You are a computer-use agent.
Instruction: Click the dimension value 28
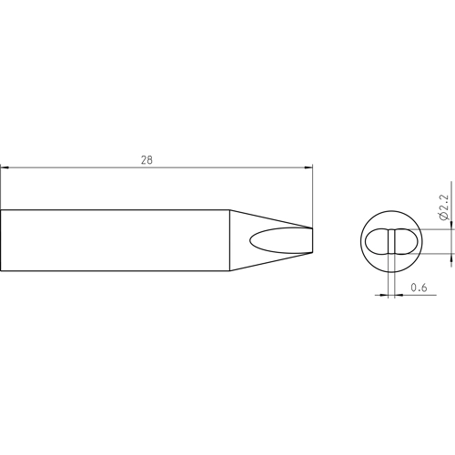click(147, 160)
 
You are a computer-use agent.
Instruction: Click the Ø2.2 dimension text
click(443, 207)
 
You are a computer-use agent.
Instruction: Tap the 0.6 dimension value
click(419, 287)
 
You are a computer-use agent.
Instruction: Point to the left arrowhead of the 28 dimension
click(5, 167)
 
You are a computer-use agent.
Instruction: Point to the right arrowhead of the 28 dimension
click(308, 167)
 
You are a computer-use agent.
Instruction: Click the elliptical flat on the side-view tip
click(281, 240)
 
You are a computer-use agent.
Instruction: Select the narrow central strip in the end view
click(391, 241)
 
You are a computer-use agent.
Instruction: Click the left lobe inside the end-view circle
click(377, 241)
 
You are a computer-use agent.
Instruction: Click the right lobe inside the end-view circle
click(407, 241)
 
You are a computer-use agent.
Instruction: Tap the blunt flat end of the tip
click(312, 240)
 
